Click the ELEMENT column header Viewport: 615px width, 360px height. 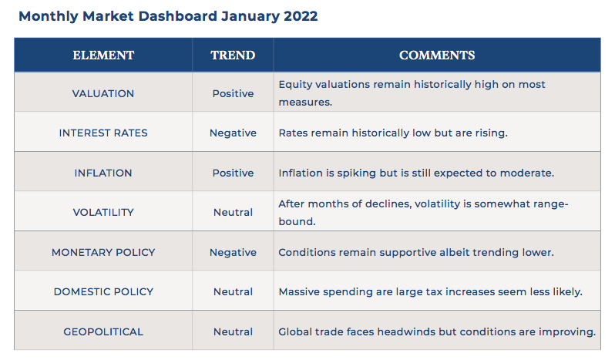tap(103, 56)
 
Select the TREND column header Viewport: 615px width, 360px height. tap(233, 56)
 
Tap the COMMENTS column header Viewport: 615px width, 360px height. tap(437, 56)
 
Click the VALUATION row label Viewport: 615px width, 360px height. tap(103, 94)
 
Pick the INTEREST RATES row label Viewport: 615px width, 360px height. tap(103, 133)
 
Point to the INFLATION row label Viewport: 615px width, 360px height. tap(103, 173)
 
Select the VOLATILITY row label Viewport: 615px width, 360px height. tap(103, 212)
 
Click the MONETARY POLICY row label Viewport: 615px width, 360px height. tap(103, 252)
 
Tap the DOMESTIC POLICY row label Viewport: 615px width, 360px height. tap(103, 291)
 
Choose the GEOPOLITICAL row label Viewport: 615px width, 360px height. tap(103, 331)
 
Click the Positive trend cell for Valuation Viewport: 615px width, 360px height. tap(233, 94)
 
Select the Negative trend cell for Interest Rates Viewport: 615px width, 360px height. tap(233, 133)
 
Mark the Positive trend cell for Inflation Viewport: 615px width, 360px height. tap(233, 173)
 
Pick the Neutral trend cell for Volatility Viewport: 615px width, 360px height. tap(233, 212)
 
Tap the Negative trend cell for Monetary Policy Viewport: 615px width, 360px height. tap(233, 253)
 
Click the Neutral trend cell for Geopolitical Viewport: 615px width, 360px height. tap(233, 331)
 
